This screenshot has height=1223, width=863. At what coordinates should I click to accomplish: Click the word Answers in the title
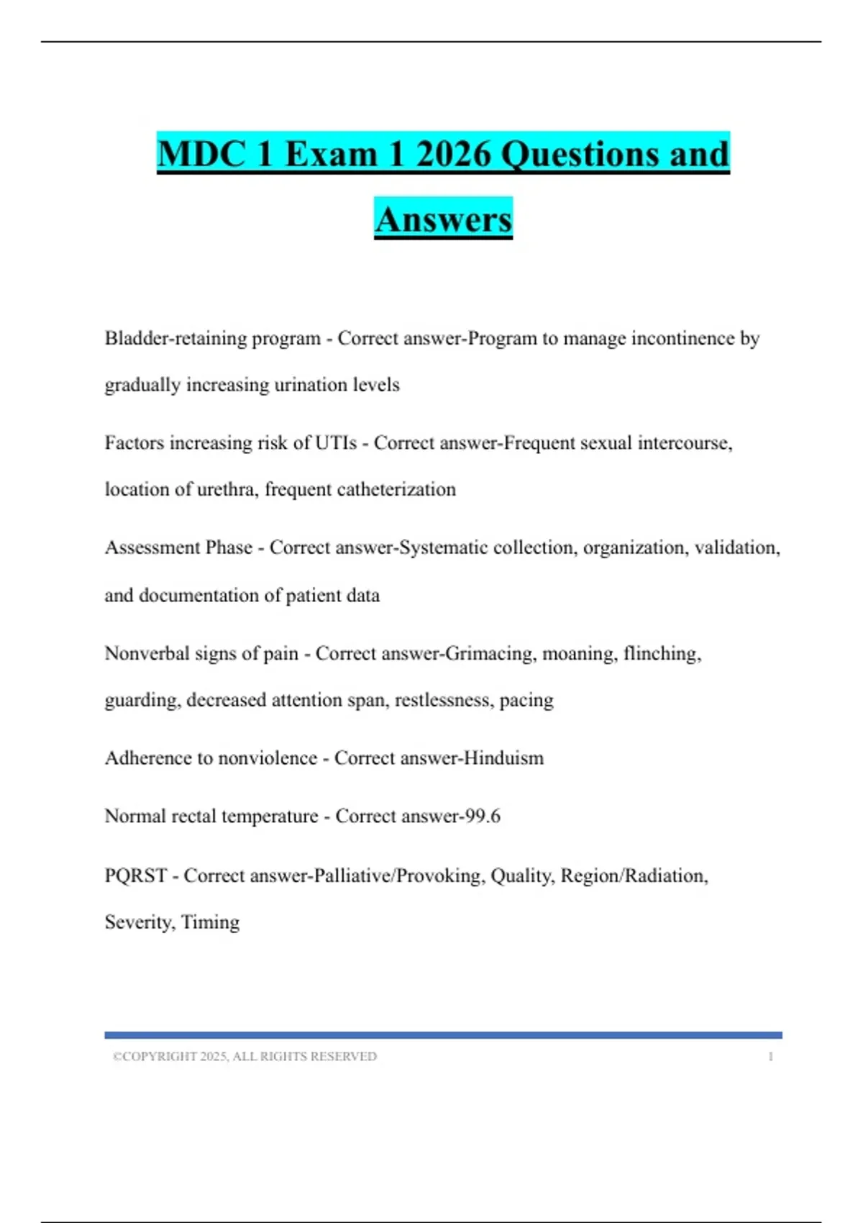tap(443, 219)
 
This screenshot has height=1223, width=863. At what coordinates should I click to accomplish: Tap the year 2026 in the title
tap(453, 154)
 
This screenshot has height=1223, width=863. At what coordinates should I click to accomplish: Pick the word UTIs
tap(336, 442)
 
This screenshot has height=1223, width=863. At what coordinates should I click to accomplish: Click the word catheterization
tap(396, 489)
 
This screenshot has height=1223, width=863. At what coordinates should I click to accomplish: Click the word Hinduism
tap(503, 758)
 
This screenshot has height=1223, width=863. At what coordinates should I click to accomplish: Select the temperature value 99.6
tap(482, 816)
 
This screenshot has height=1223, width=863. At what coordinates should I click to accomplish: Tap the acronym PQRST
tap(136, 876)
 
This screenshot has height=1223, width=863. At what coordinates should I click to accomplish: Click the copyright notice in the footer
tap(245, 1056)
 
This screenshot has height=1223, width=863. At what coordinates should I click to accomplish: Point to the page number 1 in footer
tap(770, 1056)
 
